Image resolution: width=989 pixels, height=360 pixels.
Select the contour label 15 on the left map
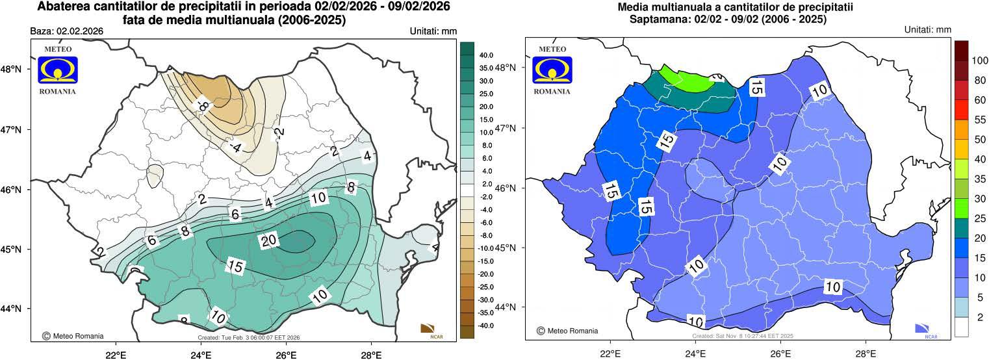click(x=236, y=266)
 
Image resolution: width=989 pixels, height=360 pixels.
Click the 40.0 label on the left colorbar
click(x=486, y=55)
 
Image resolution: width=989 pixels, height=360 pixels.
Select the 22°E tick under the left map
click(x=116, y=355)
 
